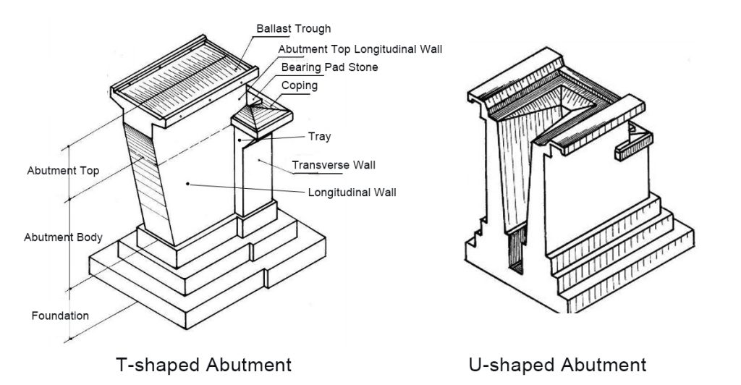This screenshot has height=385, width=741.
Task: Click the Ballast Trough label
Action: coord(293,29)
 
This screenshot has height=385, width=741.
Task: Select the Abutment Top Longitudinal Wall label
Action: coord(360,49)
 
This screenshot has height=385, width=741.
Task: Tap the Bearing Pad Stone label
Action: coord(329,67)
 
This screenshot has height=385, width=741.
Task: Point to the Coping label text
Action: coord(299,85)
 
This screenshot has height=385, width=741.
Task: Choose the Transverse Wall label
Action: coord(334,165)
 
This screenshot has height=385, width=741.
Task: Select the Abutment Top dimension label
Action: coord(63,172)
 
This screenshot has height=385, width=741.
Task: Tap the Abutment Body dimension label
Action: coord(63,237)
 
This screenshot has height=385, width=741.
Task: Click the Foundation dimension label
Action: coord(60,316)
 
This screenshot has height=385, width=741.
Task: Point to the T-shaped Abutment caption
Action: coord(204,364)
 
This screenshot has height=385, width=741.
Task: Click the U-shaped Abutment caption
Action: coord(556,364)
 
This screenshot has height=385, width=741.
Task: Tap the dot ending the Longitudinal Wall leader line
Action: coord(188,185)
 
